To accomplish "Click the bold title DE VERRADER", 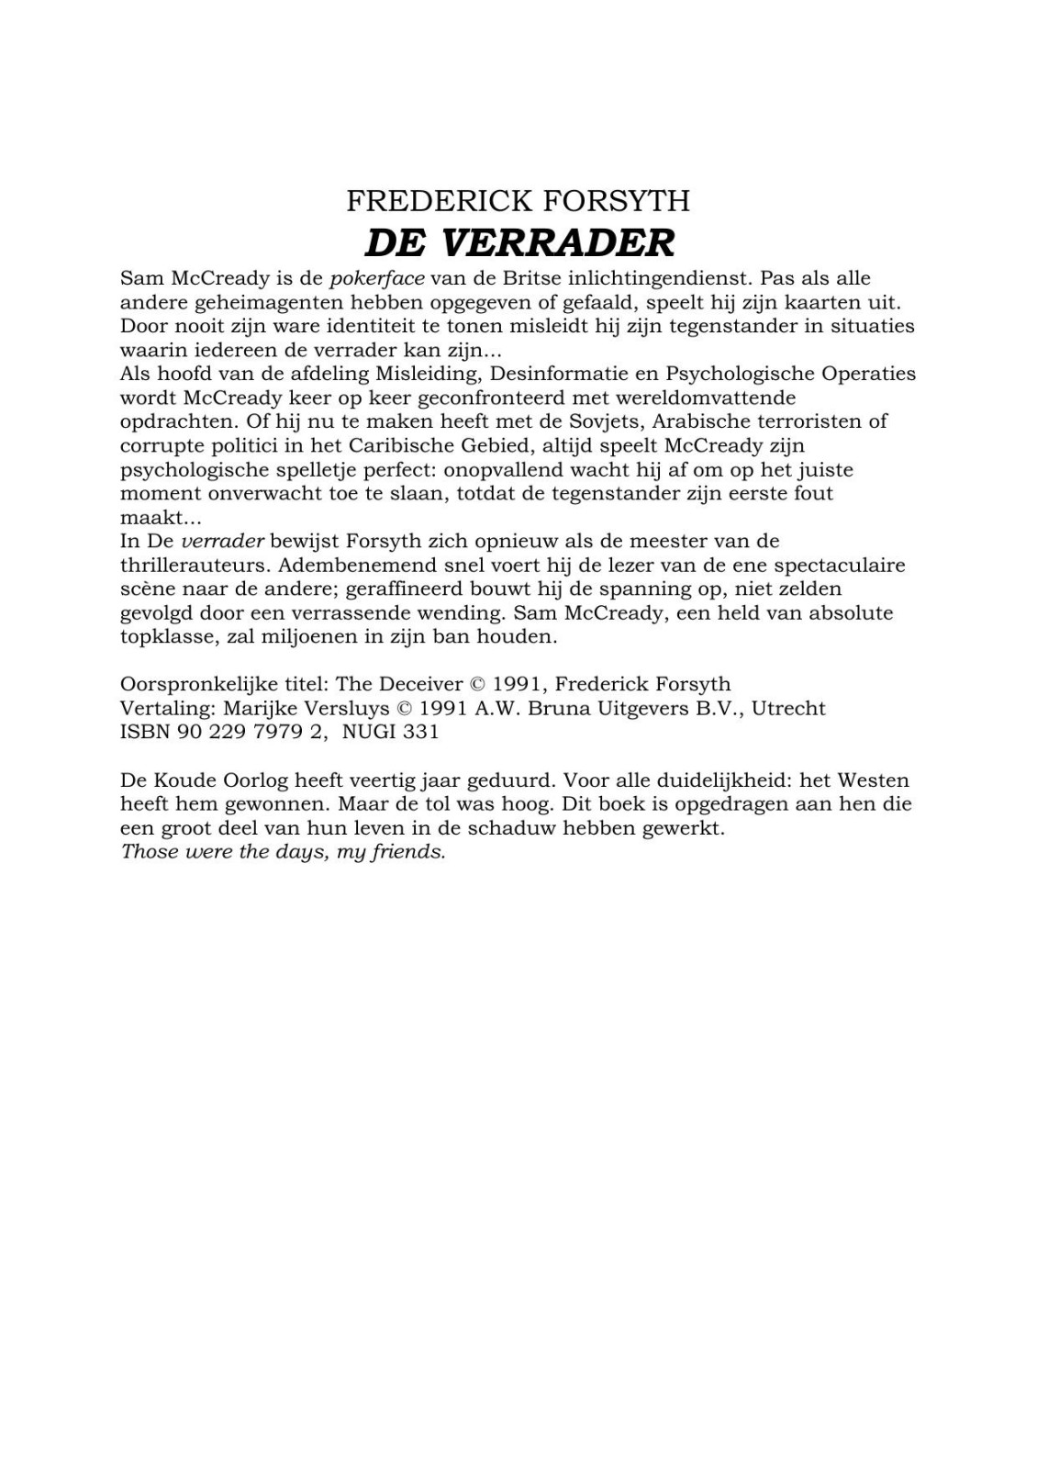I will [x=519, y=243].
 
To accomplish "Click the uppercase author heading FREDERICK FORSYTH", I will [x=518, y=200].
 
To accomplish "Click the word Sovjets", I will [x=603, y=421].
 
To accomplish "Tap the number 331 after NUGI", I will [x=421, y=732].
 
